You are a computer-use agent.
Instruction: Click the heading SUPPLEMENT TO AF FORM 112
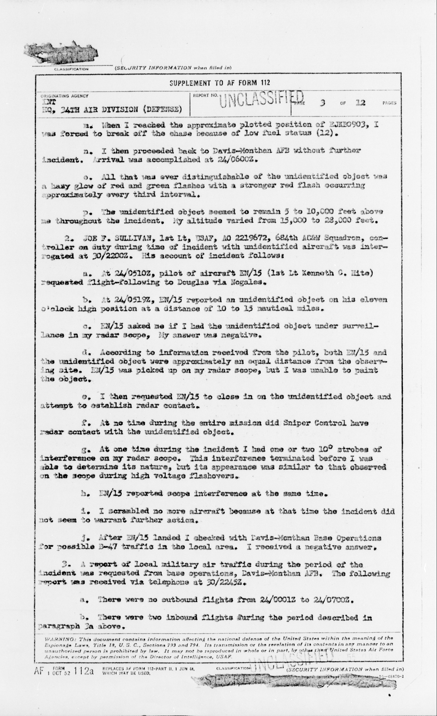[220, 83]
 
